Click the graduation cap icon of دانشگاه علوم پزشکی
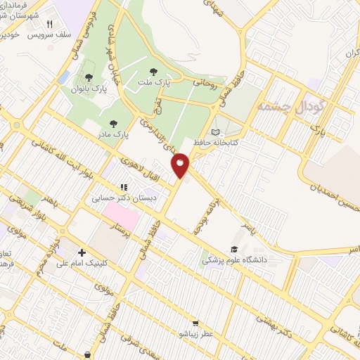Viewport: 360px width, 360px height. (234, 249)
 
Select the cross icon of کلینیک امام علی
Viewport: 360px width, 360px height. (82, 252)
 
